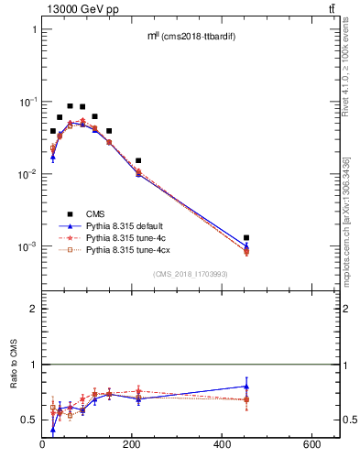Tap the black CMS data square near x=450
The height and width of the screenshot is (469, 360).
tap(246, 238)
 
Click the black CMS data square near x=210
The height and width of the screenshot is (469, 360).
tap(138, 161)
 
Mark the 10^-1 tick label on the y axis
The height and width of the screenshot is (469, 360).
tap(27, 102)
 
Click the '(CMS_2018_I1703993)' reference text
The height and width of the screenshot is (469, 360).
tap(191, 274)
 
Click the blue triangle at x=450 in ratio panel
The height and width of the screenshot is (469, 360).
tap(246, 386)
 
